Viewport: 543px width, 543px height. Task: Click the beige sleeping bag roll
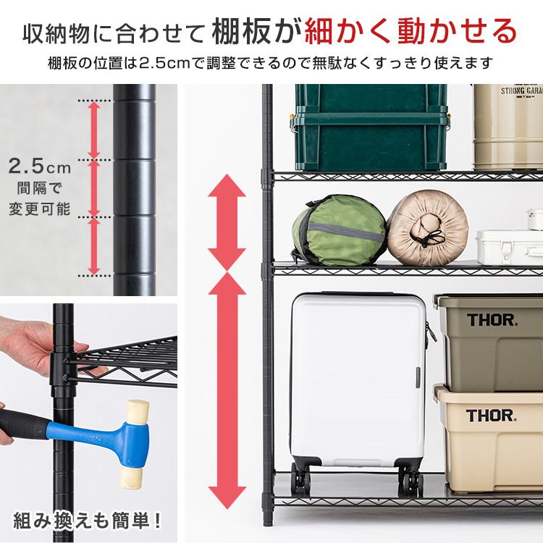coord(424,230)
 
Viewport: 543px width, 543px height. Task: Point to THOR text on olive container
coord(491,319)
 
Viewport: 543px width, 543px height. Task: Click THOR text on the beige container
coord(491,416)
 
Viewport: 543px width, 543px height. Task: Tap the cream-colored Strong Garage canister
coord(507,127)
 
